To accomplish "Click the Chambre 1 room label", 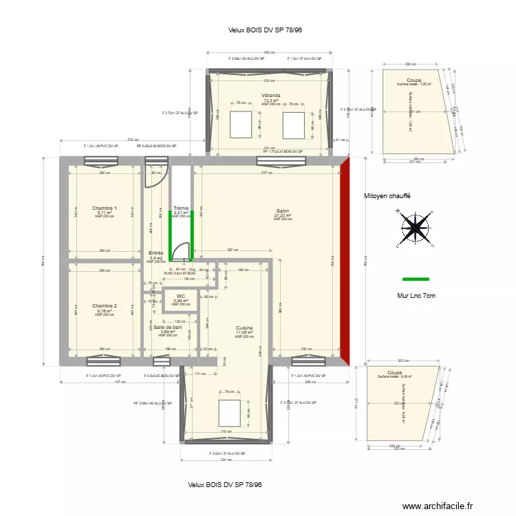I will [x=105, y=208].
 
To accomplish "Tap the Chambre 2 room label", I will [x=105, y=305].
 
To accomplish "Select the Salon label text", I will [x=283, y=211].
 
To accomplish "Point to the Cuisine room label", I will [x=244, y=328].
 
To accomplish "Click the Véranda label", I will [x=270, y=95].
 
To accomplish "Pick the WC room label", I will [x=181, y=296].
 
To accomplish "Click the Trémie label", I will [x=181, y=208].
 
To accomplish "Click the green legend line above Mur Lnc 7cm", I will [x=415, y=280].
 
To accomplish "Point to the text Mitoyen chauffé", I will [x=387, y=196].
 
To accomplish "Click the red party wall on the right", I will [x=346, y=261].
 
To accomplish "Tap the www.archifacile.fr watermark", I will [x=438, y=506].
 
